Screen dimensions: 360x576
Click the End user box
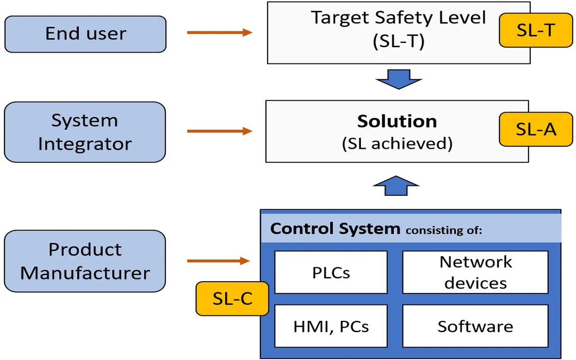coord(85,34)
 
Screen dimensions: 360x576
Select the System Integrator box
coord(85,132)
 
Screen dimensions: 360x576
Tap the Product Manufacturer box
coord(85,261)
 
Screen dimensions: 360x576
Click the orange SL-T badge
coord(535,30)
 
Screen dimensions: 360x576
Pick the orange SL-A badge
coord(535,129)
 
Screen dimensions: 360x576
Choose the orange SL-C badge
coord(232,299)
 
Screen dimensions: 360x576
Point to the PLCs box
coord(331,272)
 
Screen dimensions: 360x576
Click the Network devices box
coord(475,272)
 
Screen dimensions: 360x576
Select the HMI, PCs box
coord(331,326)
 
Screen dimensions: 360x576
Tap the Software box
coord(475,326)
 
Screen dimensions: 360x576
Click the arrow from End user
coord(219,32)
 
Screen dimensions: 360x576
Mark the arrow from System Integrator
coord(219,131)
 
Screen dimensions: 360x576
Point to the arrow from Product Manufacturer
coord(218,261)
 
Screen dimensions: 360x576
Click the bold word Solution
coord(397,121)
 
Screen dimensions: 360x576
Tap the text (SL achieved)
coord(397,143)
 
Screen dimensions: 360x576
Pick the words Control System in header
coord(335,229)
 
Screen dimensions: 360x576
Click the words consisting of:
coord(444,231)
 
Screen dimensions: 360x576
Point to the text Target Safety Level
coord(398,18)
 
